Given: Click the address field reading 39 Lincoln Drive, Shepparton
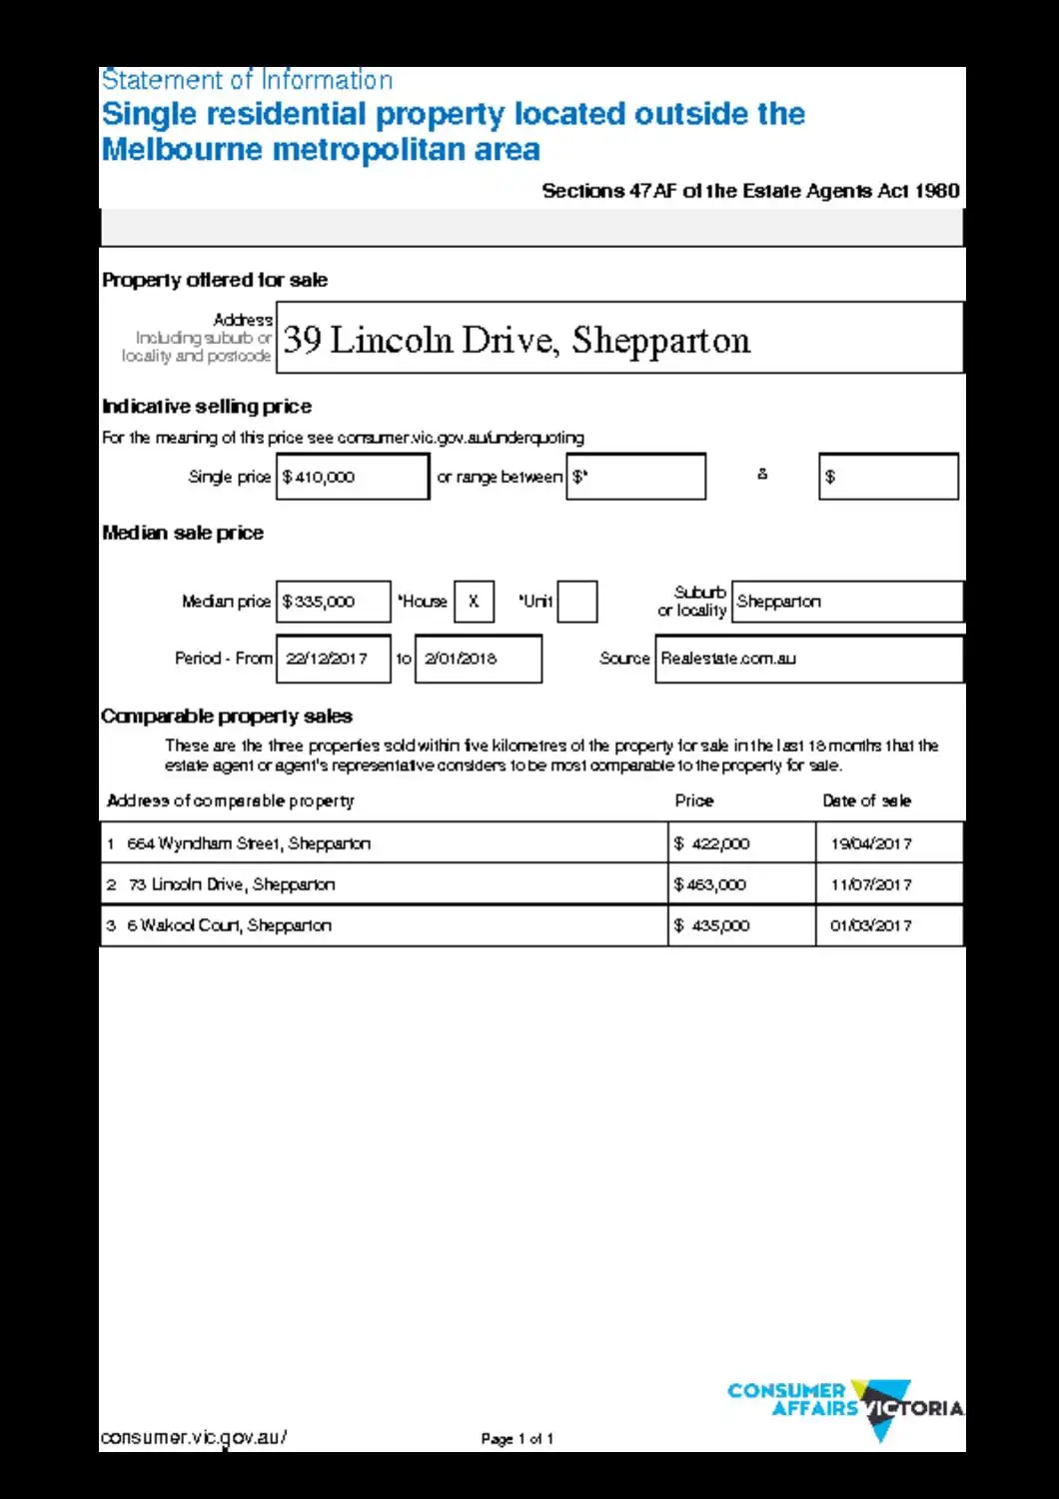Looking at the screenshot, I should coord(619,339).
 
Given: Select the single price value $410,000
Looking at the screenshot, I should coord(352,477).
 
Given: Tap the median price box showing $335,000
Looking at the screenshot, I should coord(333,602).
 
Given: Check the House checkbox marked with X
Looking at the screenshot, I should coord(474,602).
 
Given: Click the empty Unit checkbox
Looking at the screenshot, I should coord(576,602).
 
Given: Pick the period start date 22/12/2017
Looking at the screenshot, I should coord(333,659).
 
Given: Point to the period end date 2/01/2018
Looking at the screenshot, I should coord(478,659).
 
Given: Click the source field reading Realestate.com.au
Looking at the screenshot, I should coord(808,659).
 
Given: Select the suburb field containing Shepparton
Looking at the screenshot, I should coord(847,602).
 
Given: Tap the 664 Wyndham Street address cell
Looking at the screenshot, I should coord(384,843).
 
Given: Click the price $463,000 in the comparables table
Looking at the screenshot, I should coord(741,884).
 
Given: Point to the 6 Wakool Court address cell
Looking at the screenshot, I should coord(384,925).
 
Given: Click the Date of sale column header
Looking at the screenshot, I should coord(866,800).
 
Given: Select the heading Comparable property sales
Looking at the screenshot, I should coord(227,717).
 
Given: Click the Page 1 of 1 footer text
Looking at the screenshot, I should coord(517,1439).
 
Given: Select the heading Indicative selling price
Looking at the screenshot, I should coord(207,407).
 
